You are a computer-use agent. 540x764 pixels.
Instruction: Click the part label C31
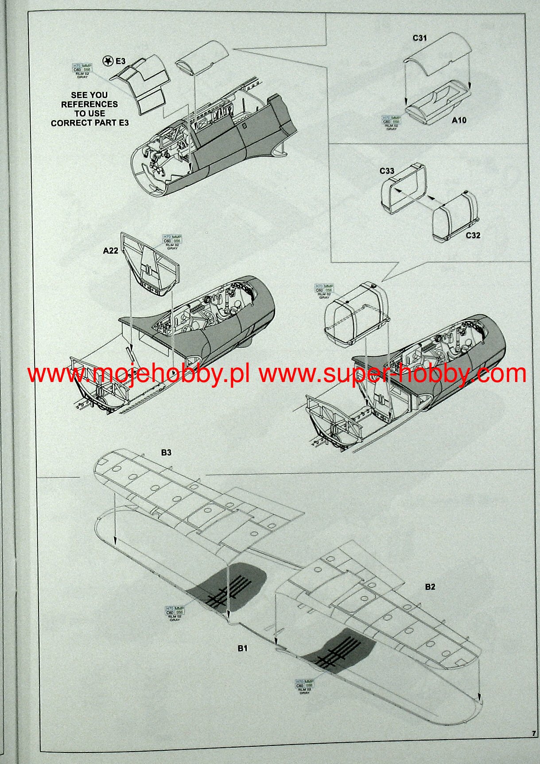420,38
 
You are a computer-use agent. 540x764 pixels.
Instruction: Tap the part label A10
459,120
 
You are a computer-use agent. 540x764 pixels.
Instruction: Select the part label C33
387,171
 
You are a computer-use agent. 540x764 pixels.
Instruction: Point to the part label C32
473,235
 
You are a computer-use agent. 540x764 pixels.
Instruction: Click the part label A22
110,251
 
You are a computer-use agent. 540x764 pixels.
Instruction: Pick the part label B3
166,453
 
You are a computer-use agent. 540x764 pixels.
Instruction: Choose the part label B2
430,587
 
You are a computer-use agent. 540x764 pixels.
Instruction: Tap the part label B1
242,648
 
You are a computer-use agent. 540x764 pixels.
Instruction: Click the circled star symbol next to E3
107,61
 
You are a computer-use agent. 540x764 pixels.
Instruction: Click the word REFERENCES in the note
89,104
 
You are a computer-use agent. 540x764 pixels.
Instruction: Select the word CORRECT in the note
70,123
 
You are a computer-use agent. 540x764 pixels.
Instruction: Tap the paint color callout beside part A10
391,122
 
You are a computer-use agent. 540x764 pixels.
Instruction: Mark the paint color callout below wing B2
304,685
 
